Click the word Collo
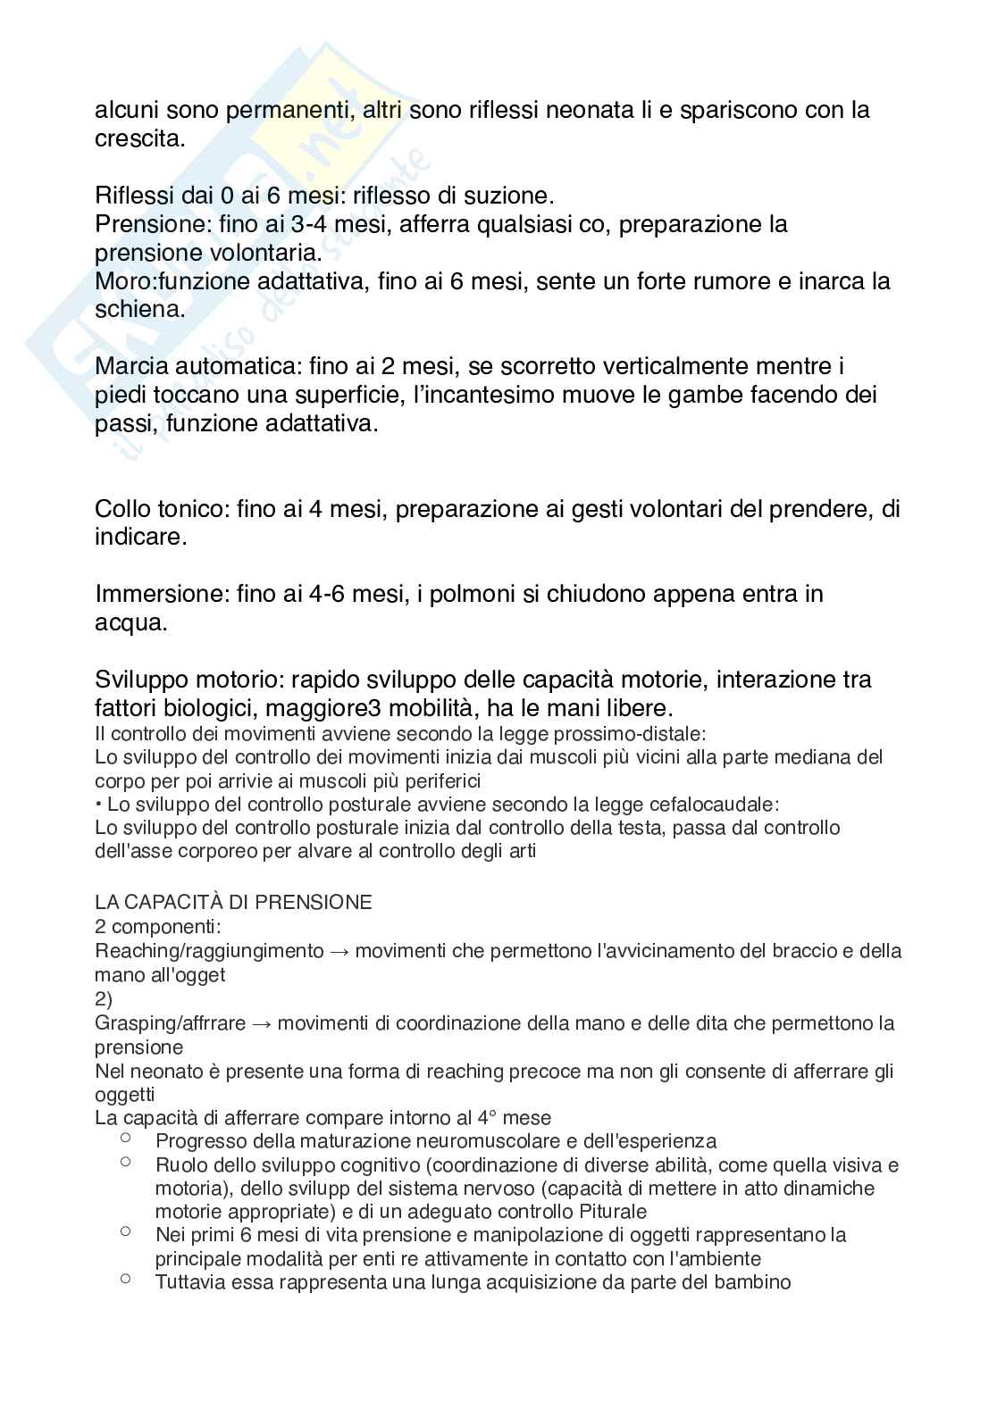point(125,509)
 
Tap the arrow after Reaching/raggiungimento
point(339,951)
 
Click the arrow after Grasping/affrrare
point(261,1023)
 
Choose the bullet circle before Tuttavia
point(125,1280)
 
